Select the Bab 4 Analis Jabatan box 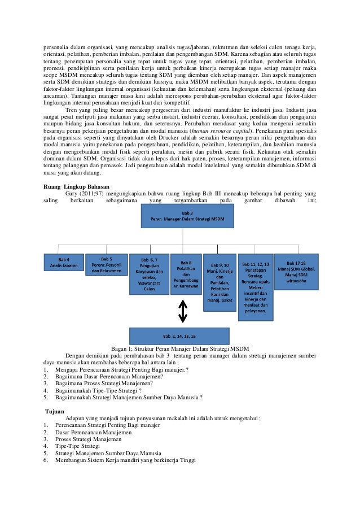tap(60, 263)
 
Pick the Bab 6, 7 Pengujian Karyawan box tap(149, 274)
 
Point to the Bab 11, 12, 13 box tap(255, 285)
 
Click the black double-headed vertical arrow tap(182, 311)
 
